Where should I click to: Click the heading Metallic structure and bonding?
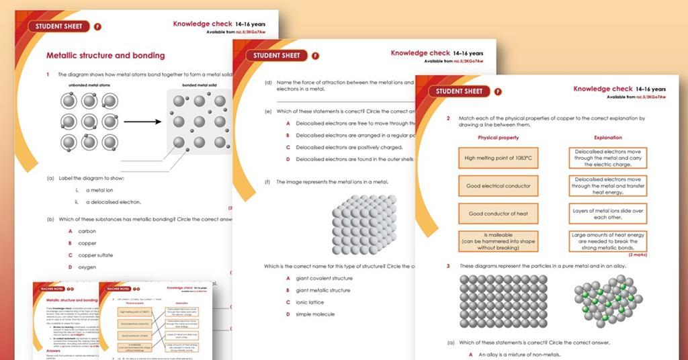pyautogui.click(x=105, y=55)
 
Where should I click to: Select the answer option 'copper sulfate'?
pyautogui.click(x=95, y=255)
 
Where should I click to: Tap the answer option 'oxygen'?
pyautogui.click(x=87, y=267)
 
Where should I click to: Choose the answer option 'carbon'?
pyautogui.click(x=87, y=231)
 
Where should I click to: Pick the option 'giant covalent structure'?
pyautogui.click(x=324, y=278)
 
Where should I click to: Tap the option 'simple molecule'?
pyautogui.click(x=315, y=314)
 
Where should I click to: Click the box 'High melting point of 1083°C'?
pyautogui.click(x=498, y=159)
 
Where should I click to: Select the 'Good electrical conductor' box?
pyautogui.click(x=498, y=186)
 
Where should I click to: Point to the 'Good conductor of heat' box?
pyautogui.click(x=498, y=214)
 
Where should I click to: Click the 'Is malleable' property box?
pyautogui.click(x=498, y=241)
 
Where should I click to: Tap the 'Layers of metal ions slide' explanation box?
pyautogui.click(x=608, y=214)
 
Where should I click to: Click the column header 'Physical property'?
pyautogui.click(x=498, y=138)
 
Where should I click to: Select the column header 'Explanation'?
pyautogui.click(x=608, y=138)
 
